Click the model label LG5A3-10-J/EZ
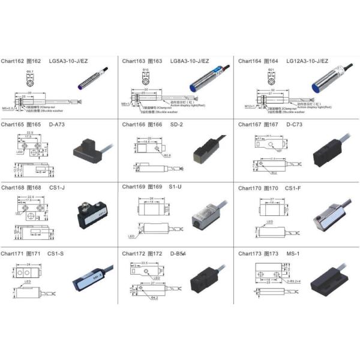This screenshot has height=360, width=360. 85,61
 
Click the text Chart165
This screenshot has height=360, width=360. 12,125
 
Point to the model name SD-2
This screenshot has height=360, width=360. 176,125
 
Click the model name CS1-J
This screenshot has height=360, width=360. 56,187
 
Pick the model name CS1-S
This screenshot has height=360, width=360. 56,253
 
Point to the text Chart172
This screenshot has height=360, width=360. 133,253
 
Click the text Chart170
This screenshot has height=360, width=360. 250,188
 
